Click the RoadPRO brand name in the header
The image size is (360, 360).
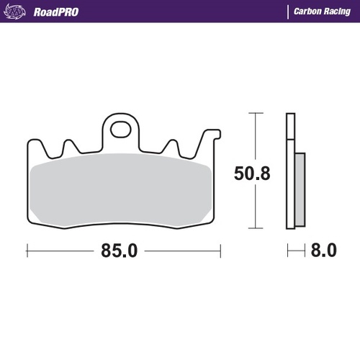coord(57,12)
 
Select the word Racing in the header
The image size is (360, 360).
coord(339,12)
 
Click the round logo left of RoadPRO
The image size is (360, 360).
coord(20,12)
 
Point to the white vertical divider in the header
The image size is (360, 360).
coord(288,12)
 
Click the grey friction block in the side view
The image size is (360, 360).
coord(300,189)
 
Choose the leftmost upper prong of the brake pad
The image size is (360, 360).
coord(68,145)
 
